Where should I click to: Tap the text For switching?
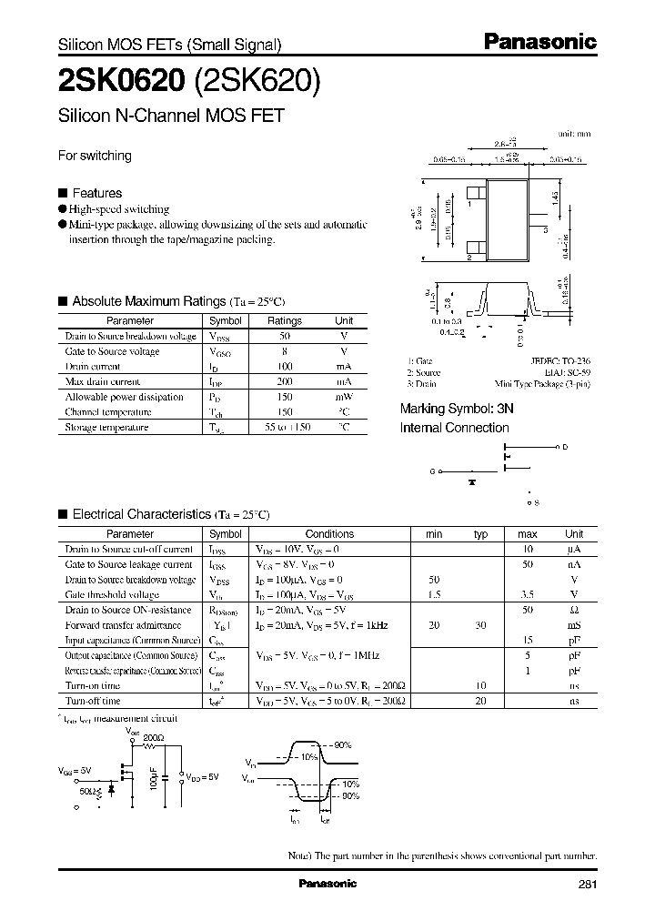(95, 156)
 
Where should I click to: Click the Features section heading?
(96, 193)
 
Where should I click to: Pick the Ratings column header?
(284, 321)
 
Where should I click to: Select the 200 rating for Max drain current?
(284, 382)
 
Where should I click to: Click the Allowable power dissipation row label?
(124, 397)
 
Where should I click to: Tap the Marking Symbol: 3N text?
(457, 410)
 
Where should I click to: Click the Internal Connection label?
(454, 428)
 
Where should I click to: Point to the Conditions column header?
(329, 534)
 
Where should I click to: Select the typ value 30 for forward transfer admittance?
(481, 625)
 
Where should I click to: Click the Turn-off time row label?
(92, 701)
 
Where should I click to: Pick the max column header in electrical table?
(528, 534)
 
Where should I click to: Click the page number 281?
(589, 884)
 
